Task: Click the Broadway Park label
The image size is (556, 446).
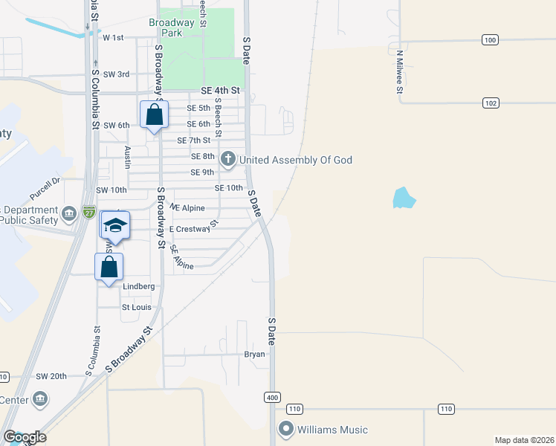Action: (172, 28)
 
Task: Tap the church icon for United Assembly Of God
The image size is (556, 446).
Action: (229, 159)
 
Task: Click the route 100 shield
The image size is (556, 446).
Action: (489, 40)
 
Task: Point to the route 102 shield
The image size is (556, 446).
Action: (489, 103)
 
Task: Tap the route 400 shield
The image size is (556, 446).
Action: (271, 398)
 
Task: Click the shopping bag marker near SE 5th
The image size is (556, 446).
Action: (154, 116)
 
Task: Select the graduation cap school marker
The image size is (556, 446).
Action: (115, 225)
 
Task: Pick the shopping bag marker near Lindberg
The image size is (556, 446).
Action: (109, 268)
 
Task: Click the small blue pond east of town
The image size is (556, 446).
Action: (403, 197)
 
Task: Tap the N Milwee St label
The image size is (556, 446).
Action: (399, 71)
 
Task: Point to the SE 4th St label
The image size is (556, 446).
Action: (221, 91)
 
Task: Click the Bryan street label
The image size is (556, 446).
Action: (255, 355)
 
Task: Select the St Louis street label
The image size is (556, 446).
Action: (136, 306)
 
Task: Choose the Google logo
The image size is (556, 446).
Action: (25, 436)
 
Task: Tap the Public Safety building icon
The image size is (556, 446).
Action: (69, 215)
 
